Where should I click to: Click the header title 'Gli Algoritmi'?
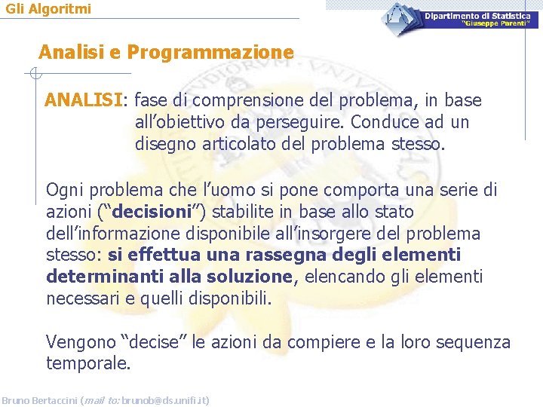(x=48, y=9)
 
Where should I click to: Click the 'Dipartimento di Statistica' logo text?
(x=481, y=16)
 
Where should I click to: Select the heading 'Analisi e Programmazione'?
(x=166, y=53)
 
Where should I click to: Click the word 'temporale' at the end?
(x=87, y=365)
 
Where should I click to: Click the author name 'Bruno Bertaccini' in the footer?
(x=39, y=400)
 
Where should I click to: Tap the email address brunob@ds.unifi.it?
(x=171, y=400)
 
